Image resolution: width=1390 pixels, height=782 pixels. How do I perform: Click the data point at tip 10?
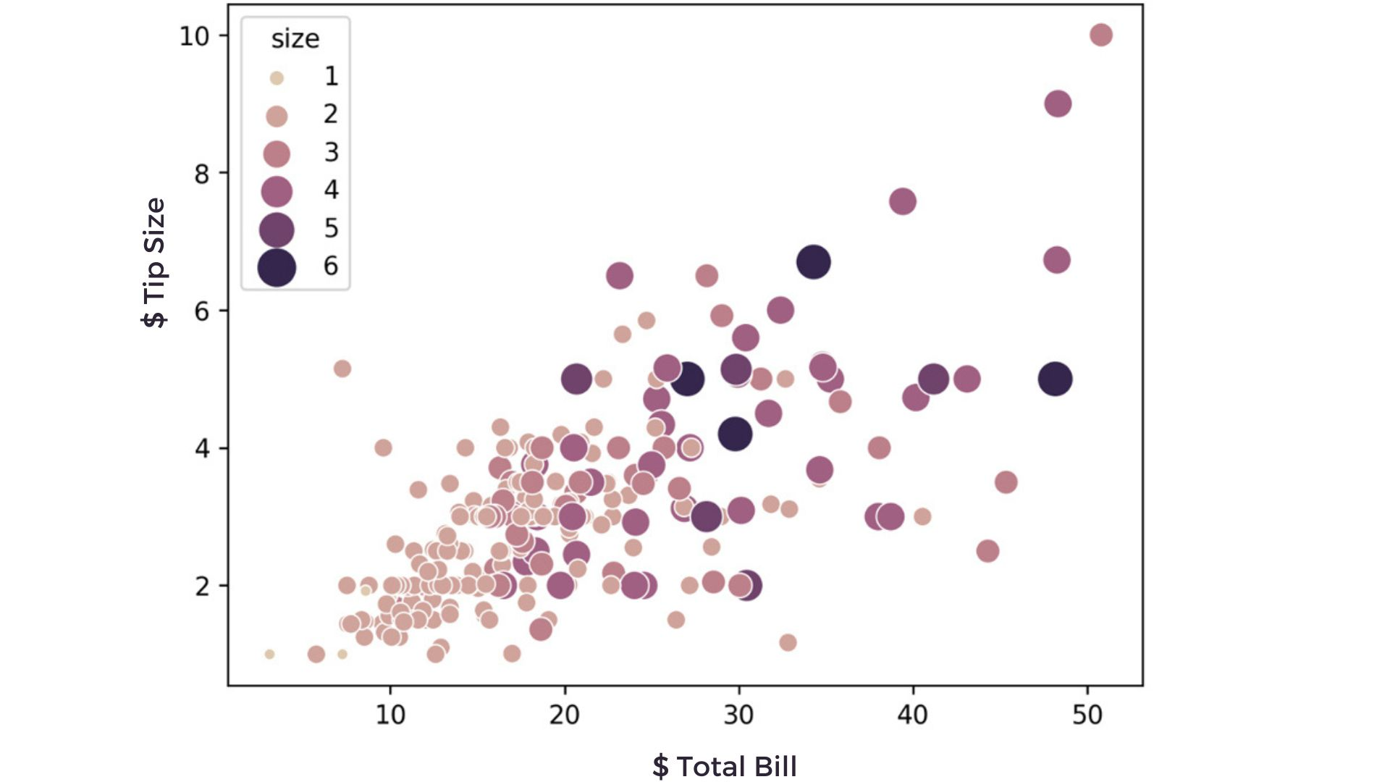tap(1100, 35)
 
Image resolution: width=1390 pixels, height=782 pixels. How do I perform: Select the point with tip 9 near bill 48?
tap(1058, 104)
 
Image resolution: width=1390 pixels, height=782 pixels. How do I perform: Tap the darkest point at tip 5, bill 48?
tap(1055, 379)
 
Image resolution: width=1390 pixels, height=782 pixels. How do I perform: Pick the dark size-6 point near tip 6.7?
tap(813, 261)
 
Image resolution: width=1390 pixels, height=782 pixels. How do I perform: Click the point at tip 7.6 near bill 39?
tap(902, 201)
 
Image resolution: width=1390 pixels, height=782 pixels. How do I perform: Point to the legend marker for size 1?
tap(277, 78)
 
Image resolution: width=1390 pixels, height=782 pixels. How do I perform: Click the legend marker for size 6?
tap(277, 267)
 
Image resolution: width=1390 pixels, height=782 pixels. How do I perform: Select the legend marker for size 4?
tap(277, 192)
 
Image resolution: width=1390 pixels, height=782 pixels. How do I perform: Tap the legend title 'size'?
tap(295, 39)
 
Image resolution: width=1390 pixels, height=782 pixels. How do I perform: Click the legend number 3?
tap(331, 152)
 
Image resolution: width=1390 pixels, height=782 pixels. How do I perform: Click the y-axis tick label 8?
tap(202, 174)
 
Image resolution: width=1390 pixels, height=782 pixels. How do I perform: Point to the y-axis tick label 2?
tap(202, 586)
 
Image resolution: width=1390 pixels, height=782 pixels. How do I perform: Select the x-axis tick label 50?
tap(1087, 715)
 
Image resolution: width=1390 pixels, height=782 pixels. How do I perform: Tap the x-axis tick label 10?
tap(390, 715)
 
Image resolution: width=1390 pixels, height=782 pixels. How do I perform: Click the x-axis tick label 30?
tap(738, 715)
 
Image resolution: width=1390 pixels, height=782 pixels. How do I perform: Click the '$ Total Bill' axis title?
tap(724, 766)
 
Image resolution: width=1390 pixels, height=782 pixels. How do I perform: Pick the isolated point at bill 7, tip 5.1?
tap(342, 369)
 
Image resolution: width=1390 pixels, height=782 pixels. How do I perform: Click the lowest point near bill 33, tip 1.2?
tap(788, 642)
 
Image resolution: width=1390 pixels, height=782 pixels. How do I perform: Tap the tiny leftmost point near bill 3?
tap(269, 654)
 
